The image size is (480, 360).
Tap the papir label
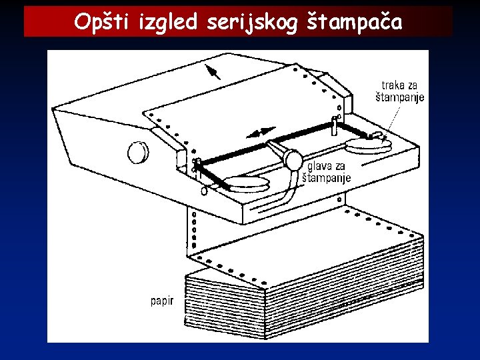tap(163, 301)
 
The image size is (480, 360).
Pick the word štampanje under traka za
tap(400, 97)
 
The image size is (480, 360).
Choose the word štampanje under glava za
tap(327, 179)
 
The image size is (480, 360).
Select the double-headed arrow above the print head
tap(261, 131)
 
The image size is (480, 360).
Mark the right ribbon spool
tap(369, 143)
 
